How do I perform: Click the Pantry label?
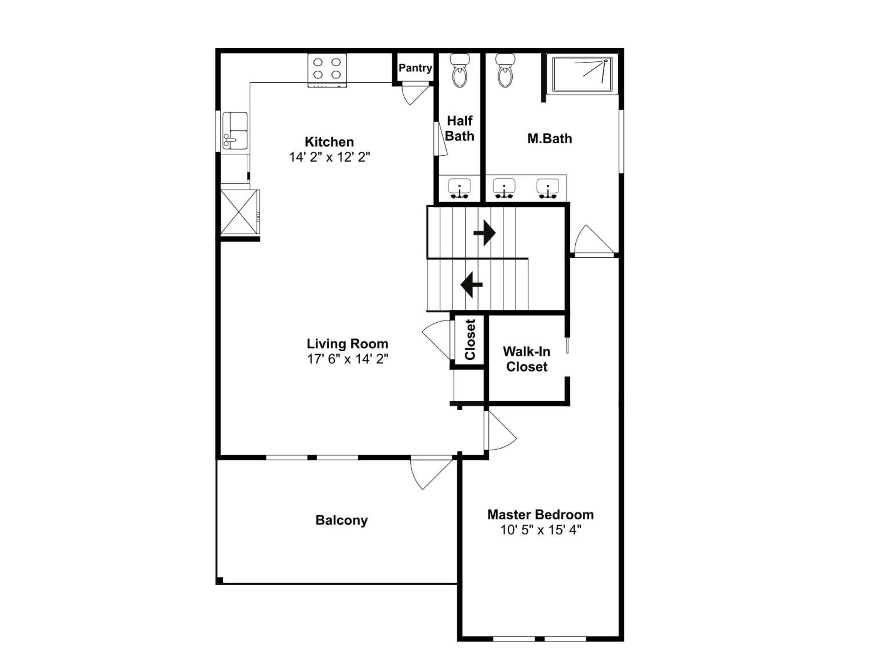tap(415, 68)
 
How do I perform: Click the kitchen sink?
tap(235, 131)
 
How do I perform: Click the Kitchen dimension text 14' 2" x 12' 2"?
tap(329, 157)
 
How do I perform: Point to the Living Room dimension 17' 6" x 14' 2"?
tap(348, 359)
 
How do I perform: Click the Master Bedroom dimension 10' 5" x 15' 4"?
tap(541, 530)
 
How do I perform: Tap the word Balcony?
tap(341, 520)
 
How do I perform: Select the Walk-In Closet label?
tap(527, 359)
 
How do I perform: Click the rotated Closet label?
tap(470, 340)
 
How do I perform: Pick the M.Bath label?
tap(549, 139)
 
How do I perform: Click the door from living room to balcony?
tap(431, 474)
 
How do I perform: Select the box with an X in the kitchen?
tap(239, 212)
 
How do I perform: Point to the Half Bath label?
tap(460, 129)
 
